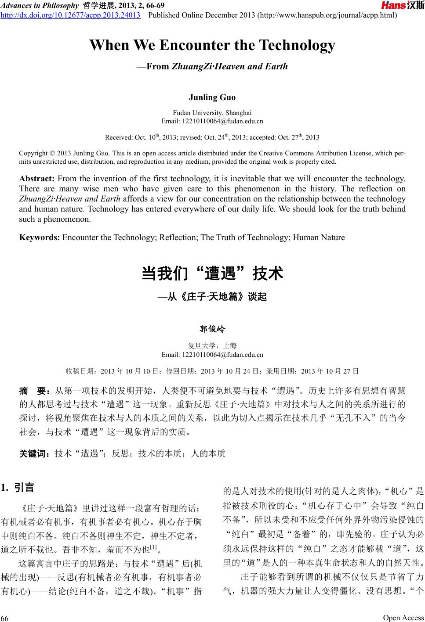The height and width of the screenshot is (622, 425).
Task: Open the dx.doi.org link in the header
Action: (71, 15)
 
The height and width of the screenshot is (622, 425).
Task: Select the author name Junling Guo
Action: (212, 97)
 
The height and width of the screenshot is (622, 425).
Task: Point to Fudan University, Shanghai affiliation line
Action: (212, 113)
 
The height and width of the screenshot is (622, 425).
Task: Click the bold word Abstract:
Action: (36, 179)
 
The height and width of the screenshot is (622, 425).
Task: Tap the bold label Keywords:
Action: (40, 237)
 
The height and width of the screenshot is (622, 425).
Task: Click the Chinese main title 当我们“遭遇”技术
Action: (212, 274)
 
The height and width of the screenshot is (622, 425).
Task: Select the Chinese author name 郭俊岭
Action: (212, 329)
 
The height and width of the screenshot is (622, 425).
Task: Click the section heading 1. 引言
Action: (18, 488)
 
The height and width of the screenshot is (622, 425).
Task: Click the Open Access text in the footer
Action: (403, 618)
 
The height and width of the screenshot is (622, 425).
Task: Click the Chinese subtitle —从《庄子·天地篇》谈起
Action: (212, 297)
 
